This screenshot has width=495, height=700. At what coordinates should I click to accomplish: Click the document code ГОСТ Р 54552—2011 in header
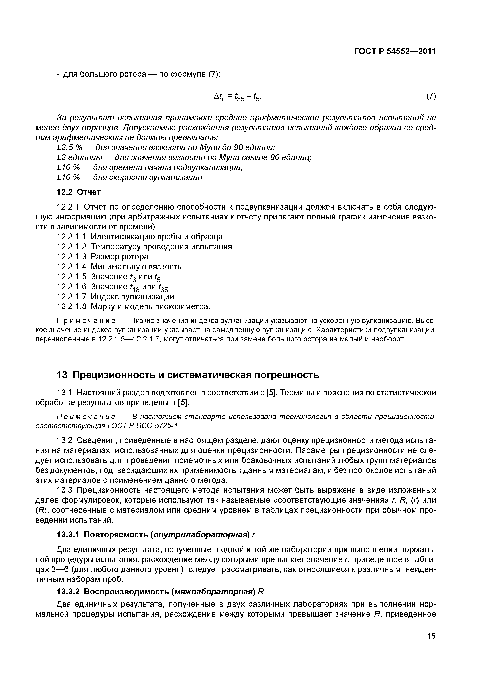point(394,51)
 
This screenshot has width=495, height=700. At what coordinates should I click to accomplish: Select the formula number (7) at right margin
point(431,96)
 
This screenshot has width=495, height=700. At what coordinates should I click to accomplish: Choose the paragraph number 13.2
point(65,441)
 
